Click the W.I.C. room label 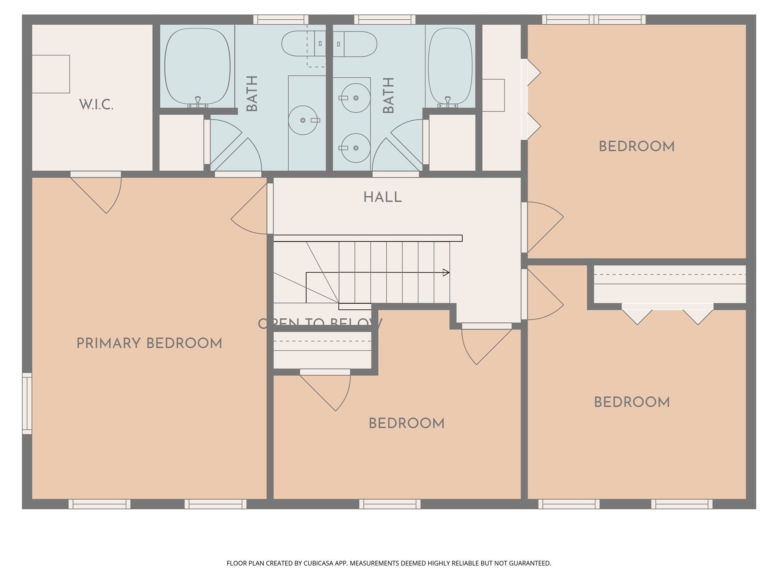96,105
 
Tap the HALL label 382,197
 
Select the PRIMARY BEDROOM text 149,344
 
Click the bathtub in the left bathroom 197,66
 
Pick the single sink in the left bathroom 303,120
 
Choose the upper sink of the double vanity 356,98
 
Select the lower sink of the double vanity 356,148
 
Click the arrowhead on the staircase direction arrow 446,273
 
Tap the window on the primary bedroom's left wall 27,403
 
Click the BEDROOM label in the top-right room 637,147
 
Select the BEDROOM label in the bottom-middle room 406,424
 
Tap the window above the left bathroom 281,19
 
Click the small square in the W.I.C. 51,74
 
